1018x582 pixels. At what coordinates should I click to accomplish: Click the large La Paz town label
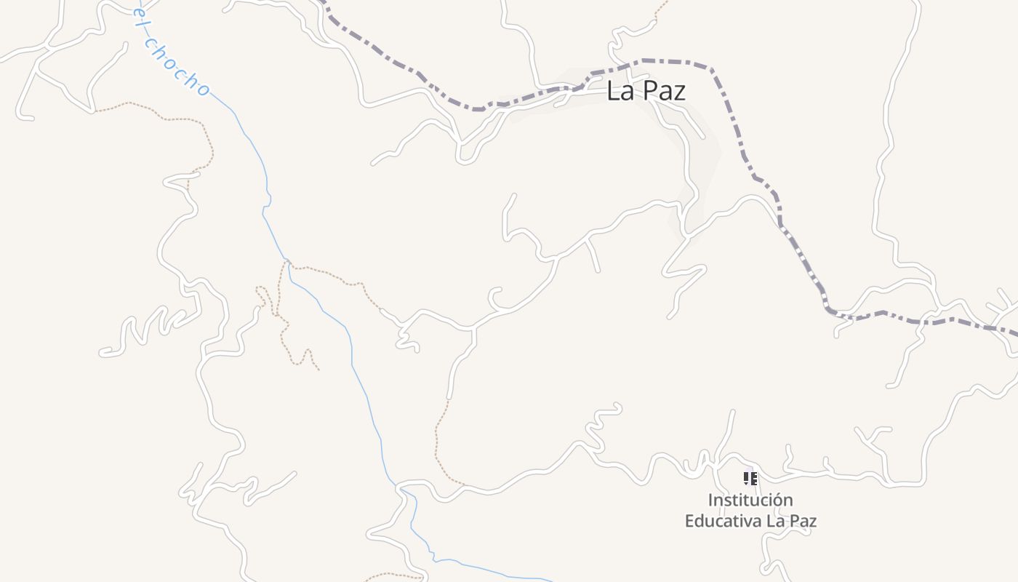pyautogui.click(x=646, y=91)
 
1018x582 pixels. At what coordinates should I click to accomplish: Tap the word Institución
pyautogui.click(x=750, y=501)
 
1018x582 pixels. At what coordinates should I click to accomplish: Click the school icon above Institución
pyautogui.click(x=750, y=479)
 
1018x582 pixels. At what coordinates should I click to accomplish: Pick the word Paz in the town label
pyautogui.click(x=665, y=91)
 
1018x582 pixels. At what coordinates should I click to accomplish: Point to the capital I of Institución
pyautogui.click(x=710, y=501)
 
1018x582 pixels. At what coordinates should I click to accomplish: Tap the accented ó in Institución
pyautogui.click(x=777, y=501)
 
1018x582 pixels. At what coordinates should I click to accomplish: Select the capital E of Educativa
pyautogui.click(x=689, y=521)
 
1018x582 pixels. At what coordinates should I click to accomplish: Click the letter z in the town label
pyautogui.click(x=680, y=92)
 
